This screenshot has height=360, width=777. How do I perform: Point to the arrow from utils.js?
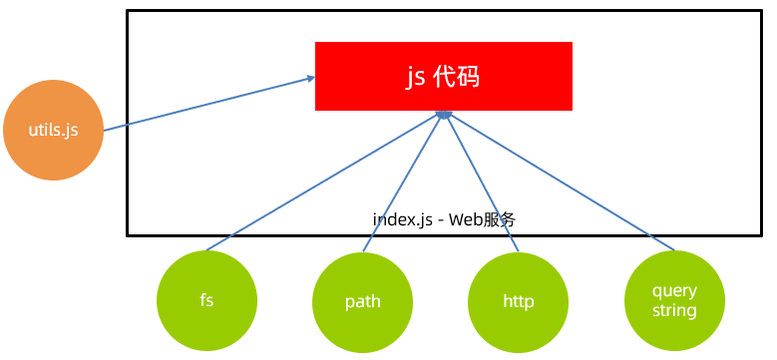[x=199, y=104]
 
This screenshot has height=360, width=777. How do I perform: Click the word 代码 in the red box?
[x=458, y=77]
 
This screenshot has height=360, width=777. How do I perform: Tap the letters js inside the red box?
[x=415, y=77]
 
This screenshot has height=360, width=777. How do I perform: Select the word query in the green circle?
[x=674, y=290]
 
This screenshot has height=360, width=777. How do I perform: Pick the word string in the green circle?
[x=674, y=310]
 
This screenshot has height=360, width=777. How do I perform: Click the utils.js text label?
[x=54, y=131]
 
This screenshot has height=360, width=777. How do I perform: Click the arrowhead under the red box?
[x=442, y=116]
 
